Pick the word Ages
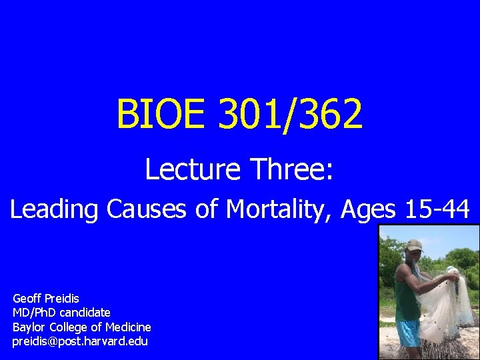click(x=369, y=211)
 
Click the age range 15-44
click(x=436, y=209)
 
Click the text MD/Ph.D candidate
click(x=61, y=312)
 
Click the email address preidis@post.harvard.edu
click(x=80, y=341)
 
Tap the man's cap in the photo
click(x=414, y=245)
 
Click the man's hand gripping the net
click(x=451, y=274)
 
